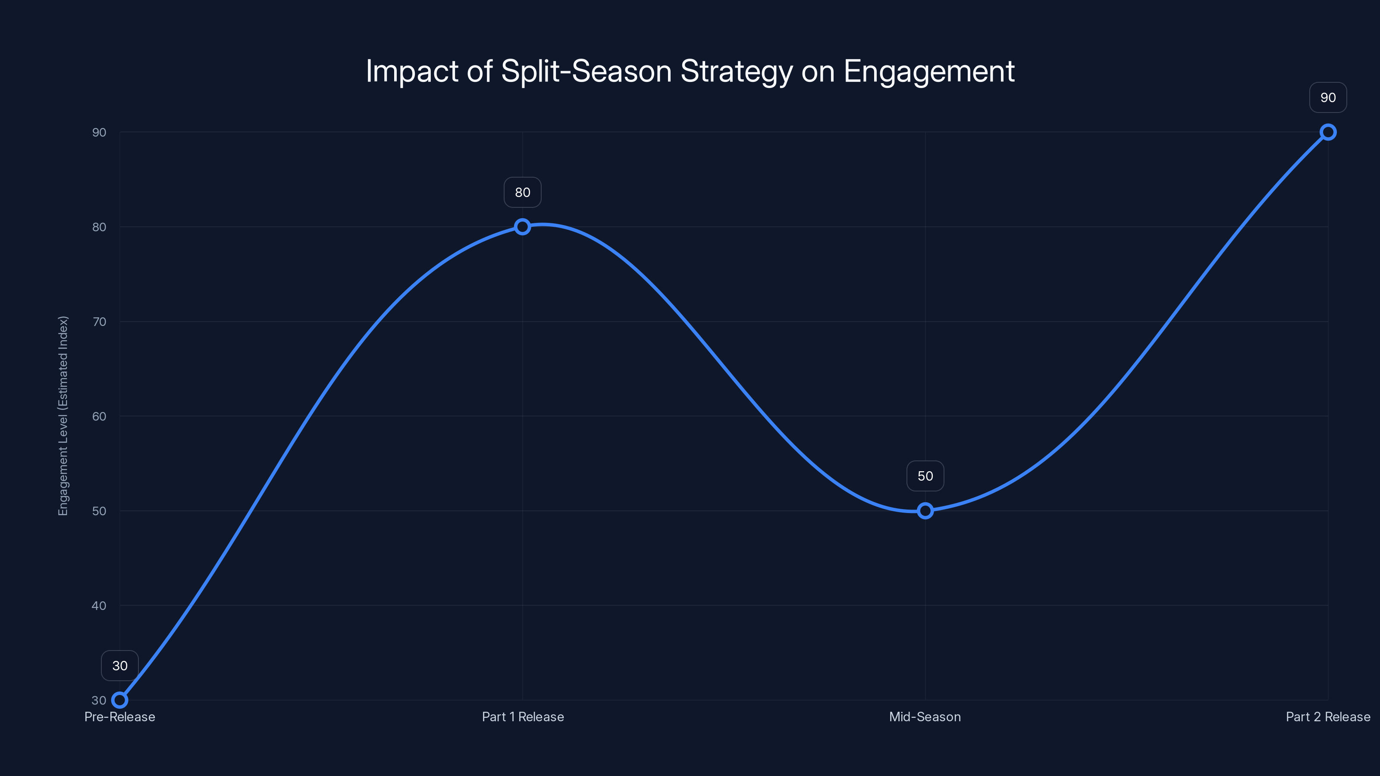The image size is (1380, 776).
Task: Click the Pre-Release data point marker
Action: click(x=119, y=700)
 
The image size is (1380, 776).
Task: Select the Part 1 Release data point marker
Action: click(x=522, y=226)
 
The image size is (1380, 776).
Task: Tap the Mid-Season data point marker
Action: click(x=925, y=511)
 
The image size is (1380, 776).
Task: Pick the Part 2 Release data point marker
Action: click(x=1328, y=132)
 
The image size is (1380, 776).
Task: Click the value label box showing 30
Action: click(x=119, y=666)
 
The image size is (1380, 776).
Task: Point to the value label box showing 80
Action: click(x=522, y=192)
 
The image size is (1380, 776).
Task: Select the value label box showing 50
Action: click(x=925, y=476)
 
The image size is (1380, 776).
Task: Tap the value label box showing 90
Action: click(x=1328, y=97)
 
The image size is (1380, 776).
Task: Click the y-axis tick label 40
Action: click(x=99, y=606)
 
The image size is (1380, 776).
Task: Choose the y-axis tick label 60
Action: click(x=99, y=416)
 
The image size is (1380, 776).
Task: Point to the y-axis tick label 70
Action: click(x=99, y=322)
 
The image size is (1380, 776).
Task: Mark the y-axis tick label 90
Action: click(x=99, y=132)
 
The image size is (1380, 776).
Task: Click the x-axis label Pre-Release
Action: click(x=119, y=717)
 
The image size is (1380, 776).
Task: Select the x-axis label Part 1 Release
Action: click(x=523, y=717)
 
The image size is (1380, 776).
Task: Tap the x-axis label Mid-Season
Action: click(x=925, y=717)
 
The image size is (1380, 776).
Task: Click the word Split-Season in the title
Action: click(x=586, y=71)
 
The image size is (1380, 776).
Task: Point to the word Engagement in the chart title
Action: click(x=929, y=71)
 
